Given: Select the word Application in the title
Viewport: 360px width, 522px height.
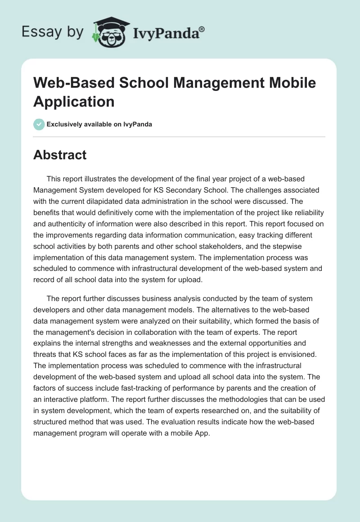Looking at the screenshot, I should point(74,102).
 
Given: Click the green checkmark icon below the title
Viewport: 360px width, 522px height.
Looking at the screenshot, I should point(39,124).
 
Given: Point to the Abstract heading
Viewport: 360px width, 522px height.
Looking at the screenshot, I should point(60,155).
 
